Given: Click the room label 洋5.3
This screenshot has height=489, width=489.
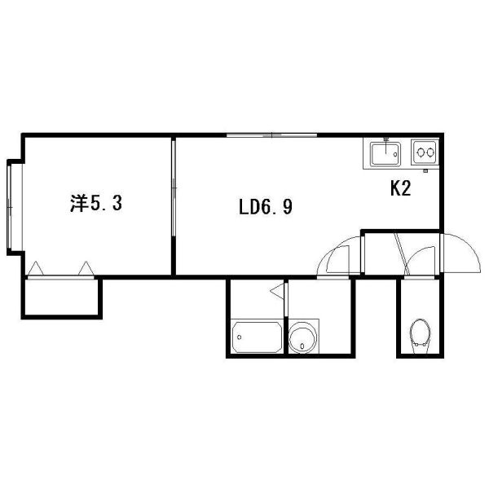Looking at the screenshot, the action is point(96,203).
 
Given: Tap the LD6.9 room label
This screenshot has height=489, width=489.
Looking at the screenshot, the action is point(266,207).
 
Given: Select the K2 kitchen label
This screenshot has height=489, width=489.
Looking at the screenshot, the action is point(401,188).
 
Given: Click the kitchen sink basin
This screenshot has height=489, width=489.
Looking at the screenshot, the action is point(385,154).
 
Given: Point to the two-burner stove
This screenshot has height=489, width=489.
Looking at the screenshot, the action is point(425,152).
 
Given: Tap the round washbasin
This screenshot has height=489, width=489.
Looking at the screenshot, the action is point(303,337).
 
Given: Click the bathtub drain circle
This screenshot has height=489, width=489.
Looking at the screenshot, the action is point(239,337).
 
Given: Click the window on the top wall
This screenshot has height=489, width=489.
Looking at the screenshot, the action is point(271,135).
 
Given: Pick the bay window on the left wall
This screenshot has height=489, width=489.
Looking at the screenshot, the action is point(10,207).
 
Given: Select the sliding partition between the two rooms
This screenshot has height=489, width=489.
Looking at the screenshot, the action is point(174,187).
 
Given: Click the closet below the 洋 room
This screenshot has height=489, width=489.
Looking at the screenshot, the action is point(61,297).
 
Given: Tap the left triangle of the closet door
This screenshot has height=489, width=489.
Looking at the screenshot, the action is point(36,268).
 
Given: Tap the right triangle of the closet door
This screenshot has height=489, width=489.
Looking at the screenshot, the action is point(86,268).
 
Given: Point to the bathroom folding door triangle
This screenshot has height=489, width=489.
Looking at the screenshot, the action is point(277,291).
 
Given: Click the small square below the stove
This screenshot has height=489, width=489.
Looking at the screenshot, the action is point(425,170).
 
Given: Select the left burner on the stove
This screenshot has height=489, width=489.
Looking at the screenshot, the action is point(421,152).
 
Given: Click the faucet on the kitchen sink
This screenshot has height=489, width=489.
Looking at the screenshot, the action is point(386,145).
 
